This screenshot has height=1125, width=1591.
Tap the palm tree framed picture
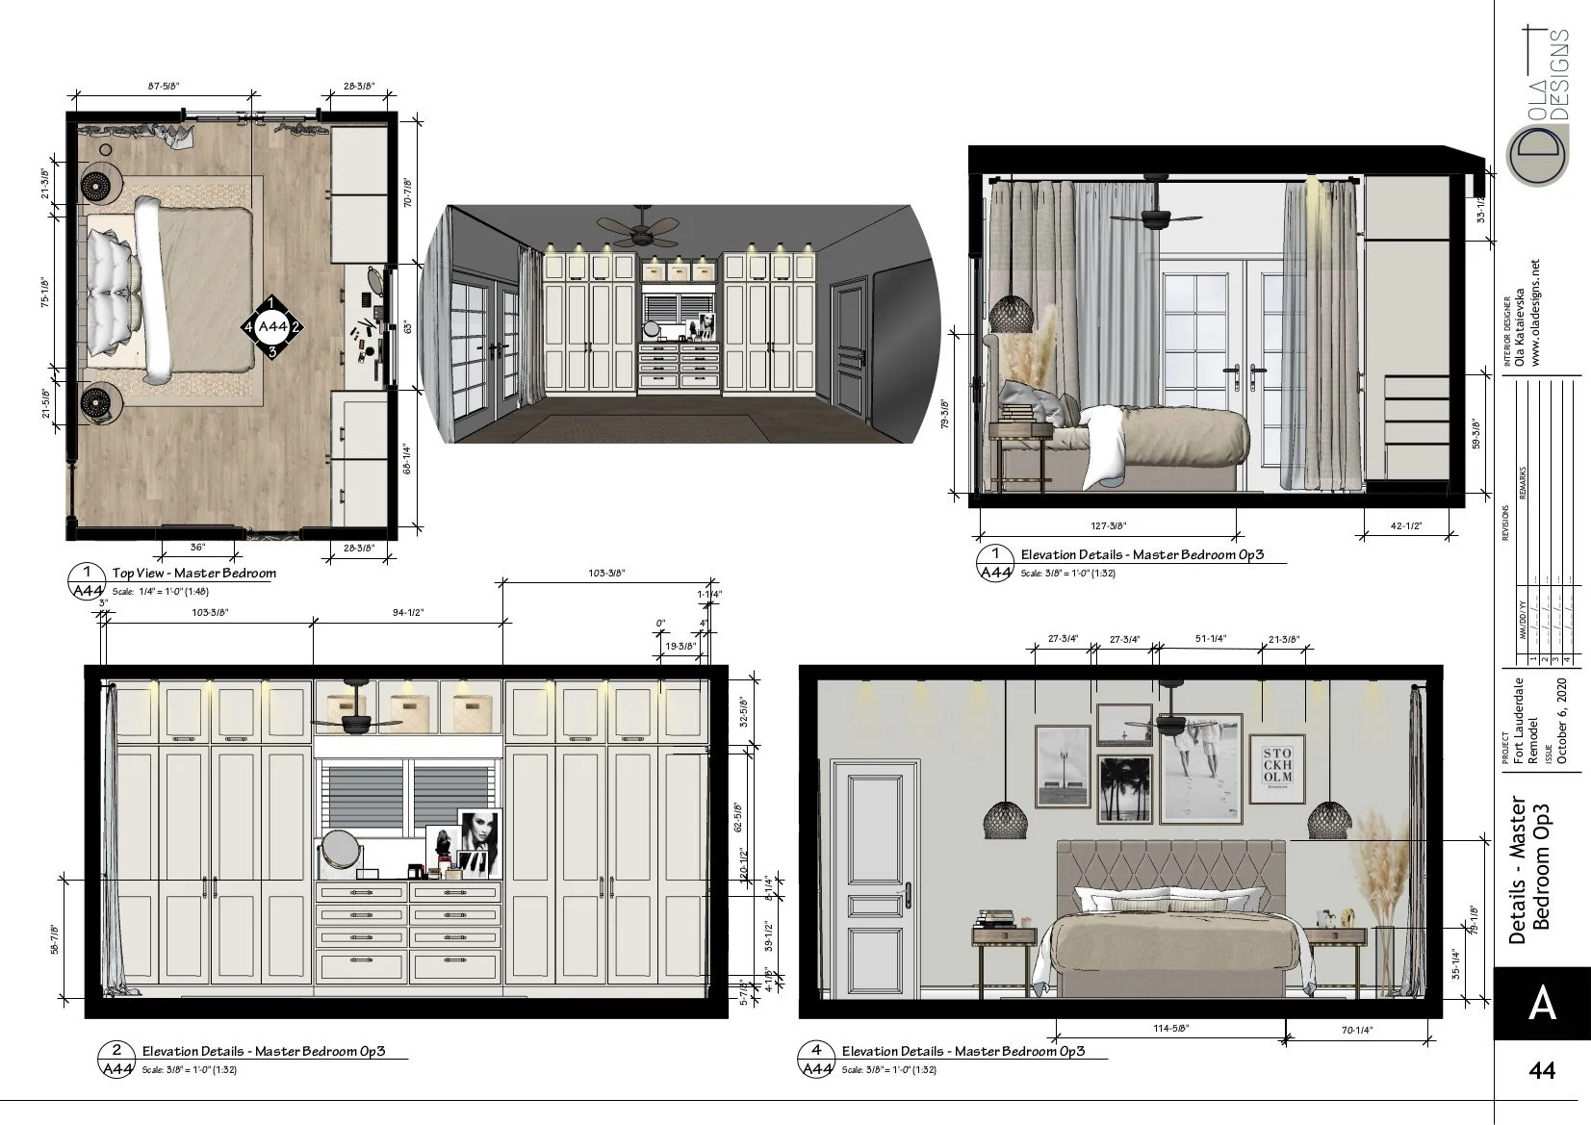point(1125,787)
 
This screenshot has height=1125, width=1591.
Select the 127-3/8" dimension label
point(1109,525)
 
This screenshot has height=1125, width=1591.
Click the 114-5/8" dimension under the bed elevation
point(1170,1027)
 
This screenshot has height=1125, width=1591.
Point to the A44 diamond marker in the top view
point(272,327)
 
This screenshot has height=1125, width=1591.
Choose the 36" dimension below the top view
point(198,547)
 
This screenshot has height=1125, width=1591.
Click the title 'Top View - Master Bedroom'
point(193,573)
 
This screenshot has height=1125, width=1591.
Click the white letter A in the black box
point(1542,1003)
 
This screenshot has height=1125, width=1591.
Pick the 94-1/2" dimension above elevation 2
point(408,612)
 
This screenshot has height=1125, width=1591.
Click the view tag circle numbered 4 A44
point(816,1060)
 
